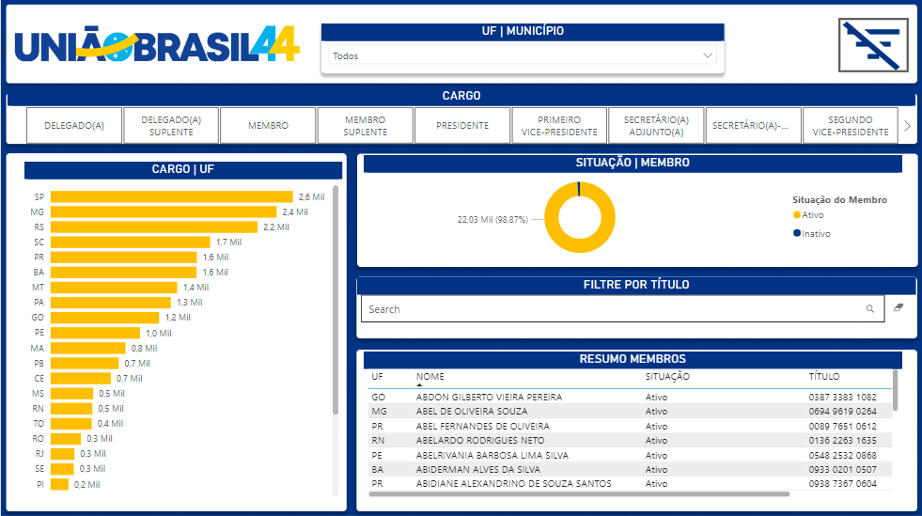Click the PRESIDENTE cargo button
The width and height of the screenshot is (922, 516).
pyautogui.click(x=462, y=125)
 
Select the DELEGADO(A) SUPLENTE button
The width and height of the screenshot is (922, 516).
pyautogui.click(x=171, y=125)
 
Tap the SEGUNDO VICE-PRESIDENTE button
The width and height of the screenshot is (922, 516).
pyautogui.click(x=850, y=125)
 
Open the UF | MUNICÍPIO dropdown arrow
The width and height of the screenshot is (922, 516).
pyautogui.click(x=709, y=55)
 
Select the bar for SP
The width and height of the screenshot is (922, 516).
pyautogui.click(x=171, y=196)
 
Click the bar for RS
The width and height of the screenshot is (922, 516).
pyautogui.click(x=153, y=227)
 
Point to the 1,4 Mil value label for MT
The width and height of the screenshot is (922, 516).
pyautogui.click(x=195, y=287)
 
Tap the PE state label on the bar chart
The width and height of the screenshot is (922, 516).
pyautogui.click(x=39, y=333)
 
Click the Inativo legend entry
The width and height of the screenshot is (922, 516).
pyautogui.click(x=815, y=233)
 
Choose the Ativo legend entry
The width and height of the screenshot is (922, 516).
pyautogui.click(x=811, y=215)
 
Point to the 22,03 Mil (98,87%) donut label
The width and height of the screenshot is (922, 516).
pyautogui.click(x=493, y=219)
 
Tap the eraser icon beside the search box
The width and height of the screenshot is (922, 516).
pyautogui.click(x=899, y=307)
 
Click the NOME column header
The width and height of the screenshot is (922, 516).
pyautogui.click(x=430, y=376)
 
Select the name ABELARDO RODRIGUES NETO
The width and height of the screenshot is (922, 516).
pyautogui.click(x=479, y=440)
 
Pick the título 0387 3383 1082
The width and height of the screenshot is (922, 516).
pyautogui.click(x=842, y=398)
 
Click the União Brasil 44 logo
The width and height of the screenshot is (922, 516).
pyautogui.click(x=157, y=44)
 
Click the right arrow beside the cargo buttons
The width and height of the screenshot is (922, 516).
pyautogui.click(x=907, y=125)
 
